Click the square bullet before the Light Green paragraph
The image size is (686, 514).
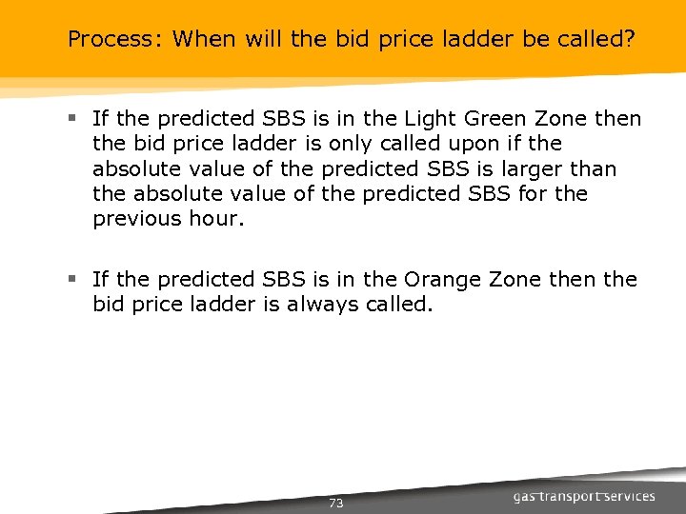coord(72,119)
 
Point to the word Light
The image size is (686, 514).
coord(429,119)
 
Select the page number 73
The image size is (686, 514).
coord(335,503)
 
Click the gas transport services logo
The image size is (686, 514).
coord(583,496)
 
